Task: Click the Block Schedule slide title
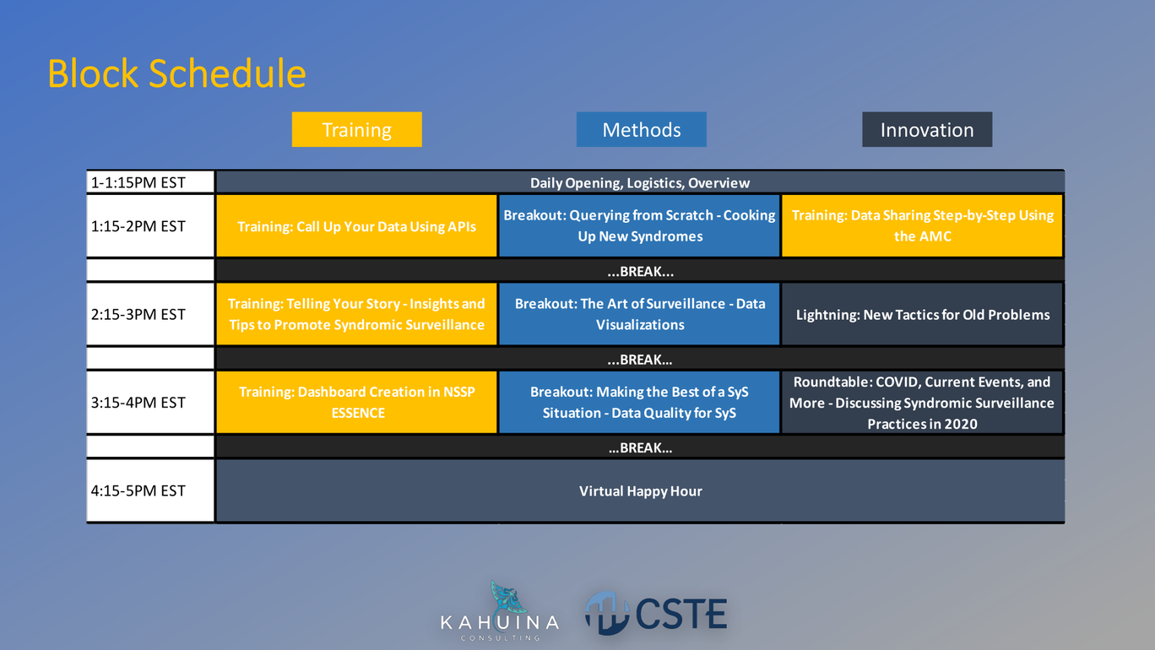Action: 176,73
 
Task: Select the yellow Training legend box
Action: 357,129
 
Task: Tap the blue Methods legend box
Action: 642,129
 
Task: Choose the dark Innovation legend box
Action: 927,129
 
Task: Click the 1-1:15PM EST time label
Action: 138,182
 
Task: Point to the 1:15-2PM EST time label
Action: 138,226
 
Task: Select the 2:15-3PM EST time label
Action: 138,314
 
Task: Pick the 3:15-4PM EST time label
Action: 138,403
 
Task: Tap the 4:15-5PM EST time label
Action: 138,490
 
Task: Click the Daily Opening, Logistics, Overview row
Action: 641,182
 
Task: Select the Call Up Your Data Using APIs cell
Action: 356,225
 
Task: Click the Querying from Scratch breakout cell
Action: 639,225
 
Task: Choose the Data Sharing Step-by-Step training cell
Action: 922,225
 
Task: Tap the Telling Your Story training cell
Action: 356,314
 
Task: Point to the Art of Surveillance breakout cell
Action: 639,314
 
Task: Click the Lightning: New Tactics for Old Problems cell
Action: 922,314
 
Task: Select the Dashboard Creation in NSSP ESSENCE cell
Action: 356,402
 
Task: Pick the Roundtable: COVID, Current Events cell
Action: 922,402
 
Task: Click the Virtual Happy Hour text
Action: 641,491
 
